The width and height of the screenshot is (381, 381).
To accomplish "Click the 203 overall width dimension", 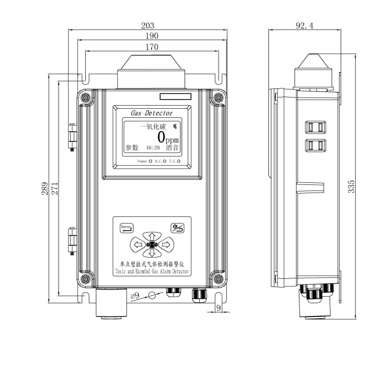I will (147, 25).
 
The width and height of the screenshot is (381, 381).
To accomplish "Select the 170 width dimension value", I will (152, 47).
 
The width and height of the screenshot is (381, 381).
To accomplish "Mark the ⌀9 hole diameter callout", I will (135, 295).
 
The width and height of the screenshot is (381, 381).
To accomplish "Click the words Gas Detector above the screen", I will (151, 113).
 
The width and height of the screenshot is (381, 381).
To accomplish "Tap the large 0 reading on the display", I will (162, 137).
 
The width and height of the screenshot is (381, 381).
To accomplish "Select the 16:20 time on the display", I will (153, 148).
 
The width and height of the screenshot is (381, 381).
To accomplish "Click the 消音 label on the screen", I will (173, 148).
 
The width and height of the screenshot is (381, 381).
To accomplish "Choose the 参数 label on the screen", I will (132, 148).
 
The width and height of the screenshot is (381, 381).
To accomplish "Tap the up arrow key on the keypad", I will (151, 236).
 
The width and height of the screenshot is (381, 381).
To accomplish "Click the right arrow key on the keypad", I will (166, 245).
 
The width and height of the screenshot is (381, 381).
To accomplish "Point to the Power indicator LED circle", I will (150, 161).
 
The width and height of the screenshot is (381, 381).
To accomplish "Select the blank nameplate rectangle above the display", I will (175, 96).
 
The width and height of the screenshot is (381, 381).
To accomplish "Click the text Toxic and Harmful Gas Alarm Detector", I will (152, 272).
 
